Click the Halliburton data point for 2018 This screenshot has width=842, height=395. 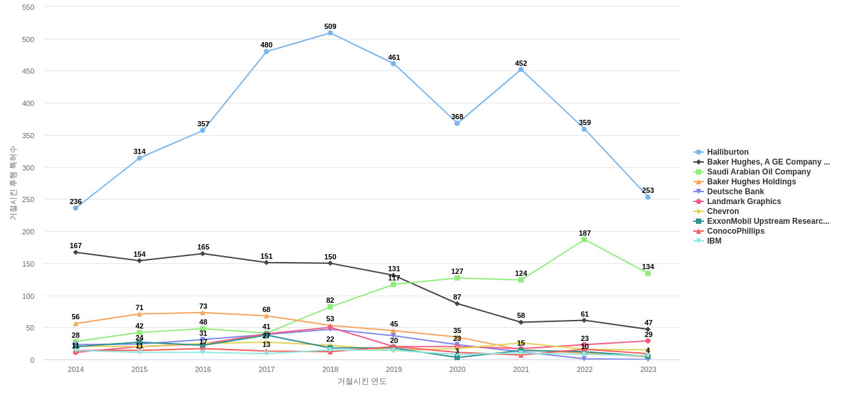pyautogui.click(x=330, y=33)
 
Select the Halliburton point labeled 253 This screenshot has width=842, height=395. pyautogui.click(x=648, y=197)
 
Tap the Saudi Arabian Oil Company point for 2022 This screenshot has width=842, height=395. pyautogui.click(x=584, y=240)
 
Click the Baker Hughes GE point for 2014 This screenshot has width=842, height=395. pyautogui.click(x=76, y=252)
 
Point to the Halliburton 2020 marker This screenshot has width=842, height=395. pyautogui.click(x=457, y=123)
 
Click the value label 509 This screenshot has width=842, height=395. pyautogui.click(x=330, y=26)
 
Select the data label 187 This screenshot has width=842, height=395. pyautogui.click(x=585, y=233)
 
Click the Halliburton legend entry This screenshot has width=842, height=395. pyautogui.click(x=728, y=152)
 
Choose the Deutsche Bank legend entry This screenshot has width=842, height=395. pyautogui.click(x=735, y=192)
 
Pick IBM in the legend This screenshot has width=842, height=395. pyautogui.click(x=714, y=241)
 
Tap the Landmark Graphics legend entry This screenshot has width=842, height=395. pyautogui.click(x=744, y=201)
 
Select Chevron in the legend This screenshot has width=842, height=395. pyautogui.click(x=723, y=211)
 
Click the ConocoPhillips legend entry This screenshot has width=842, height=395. pyautogui.click(x=735, y=231)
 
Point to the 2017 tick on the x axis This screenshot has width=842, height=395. pyautogui.click(x=266, y=369)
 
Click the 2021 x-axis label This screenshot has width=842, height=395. pyautogui.click(x=521, y=369)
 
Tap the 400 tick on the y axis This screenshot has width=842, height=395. pyautogui.click(x=28, y=103)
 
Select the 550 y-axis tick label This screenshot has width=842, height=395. pyautogui.click(x=28, y=7)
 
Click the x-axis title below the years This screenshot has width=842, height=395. pyautogui.click(x=362, y=381)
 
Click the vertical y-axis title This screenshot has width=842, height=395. pyautogui.click(x=12, y=183)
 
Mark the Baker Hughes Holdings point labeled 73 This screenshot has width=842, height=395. pyautogui.click(x=203, y=313)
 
